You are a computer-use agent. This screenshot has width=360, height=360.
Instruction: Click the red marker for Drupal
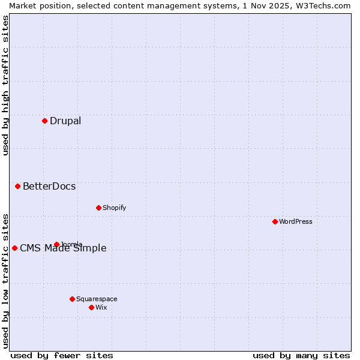pos(44,121)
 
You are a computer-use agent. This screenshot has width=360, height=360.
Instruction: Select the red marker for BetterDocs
pos(18,186)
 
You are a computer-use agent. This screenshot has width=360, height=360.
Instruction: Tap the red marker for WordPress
pos(275,221)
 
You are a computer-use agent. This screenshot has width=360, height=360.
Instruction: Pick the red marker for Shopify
pos(98,208)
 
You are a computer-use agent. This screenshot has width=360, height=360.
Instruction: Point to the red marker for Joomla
pos(56,244)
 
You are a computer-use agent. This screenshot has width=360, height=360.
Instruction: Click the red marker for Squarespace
pos(72,299)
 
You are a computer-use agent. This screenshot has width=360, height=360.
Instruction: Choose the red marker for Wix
pos(91,307)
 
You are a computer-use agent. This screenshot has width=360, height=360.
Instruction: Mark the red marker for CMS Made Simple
pos(14,248)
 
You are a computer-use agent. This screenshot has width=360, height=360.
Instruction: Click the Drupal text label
pos(65,121)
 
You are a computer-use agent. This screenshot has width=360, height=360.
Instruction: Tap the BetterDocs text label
pos(49,186)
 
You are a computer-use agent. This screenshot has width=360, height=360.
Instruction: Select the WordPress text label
pos(296,221)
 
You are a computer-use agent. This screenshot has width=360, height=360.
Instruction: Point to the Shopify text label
pos(115,208)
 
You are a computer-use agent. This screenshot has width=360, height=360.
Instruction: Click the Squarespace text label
pos(97,299)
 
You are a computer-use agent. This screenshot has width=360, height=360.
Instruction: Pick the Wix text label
pos(101,307)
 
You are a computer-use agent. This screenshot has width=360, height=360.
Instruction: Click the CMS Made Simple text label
pos(63,248)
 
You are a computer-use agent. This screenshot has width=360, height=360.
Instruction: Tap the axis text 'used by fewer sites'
pos(62,355)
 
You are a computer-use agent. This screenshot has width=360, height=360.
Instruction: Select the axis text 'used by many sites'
pos(301,355)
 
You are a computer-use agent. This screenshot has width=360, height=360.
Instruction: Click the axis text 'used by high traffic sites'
pos(5,85)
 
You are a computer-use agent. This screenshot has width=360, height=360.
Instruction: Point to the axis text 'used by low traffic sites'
pos(5,281)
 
